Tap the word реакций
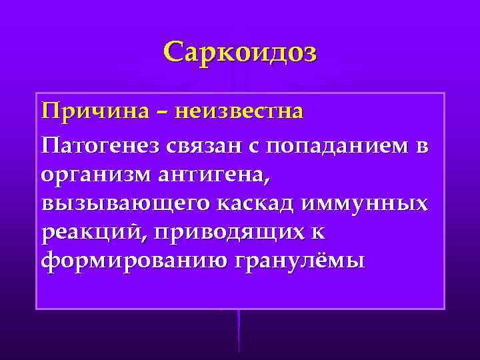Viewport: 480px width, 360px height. point(84,233)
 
